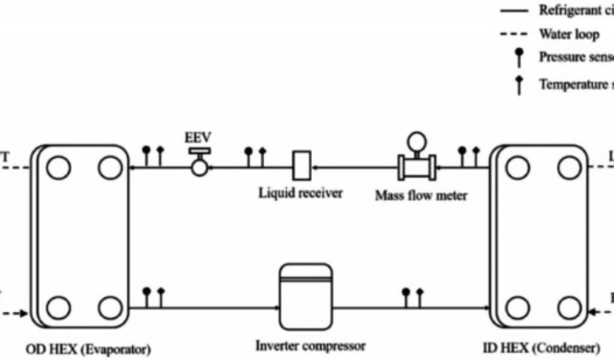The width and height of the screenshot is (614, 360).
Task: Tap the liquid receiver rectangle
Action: (x=300, y=164)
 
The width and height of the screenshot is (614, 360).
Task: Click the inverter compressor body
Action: (x=306, y=296)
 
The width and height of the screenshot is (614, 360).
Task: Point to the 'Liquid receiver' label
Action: (x=300, y=193)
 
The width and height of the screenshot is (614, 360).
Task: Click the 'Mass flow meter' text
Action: (x=420, y=195)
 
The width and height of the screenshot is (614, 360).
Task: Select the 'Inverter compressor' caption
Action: (x=310, y=346)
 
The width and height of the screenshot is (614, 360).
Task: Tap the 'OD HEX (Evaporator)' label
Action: (x=88, y=348)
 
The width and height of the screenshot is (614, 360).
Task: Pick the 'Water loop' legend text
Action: (x=568, y=34)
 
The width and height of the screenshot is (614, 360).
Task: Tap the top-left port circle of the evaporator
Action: (x=58, y=167)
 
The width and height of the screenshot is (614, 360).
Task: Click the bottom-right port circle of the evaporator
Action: (x=110, y=308)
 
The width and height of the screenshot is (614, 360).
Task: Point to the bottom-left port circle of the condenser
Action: (x=517, y=308)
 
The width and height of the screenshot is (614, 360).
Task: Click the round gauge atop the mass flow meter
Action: (x=415, y=142)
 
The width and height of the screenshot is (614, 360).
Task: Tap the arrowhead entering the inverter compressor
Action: (x=276, y=308)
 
